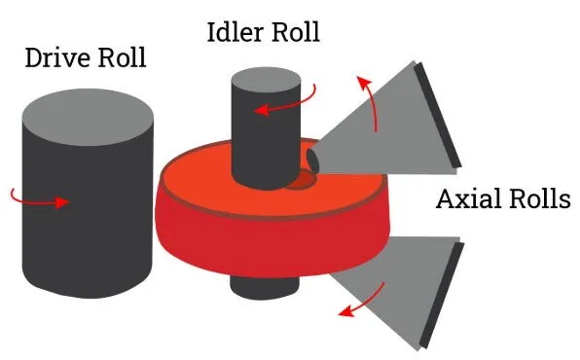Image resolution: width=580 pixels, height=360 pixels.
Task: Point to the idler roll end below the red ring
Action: coord(256,285)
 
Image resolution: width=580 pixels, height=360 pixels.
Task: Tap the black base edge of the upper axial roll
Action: coord(440,115)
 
